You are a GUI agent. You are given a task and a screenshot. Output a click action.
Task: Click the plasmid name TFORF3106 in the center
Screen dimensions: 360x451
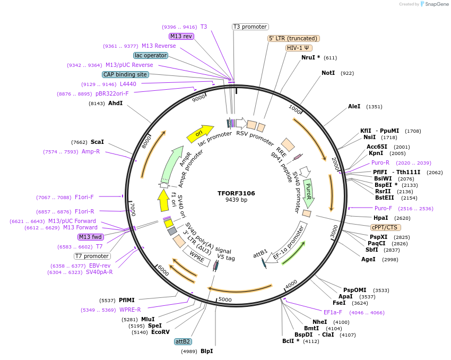pos(236,193)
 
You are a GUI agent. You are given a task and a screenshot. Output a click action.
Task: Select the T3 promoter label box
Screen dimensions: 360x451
pos(250,27)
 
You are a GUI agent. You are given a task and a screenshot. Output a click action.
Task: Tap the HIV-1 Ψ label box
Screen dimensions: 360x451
pos(299,47)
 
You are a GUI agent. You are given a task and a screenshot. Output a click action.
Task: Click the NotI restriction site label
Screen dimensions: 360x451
pos(328,73)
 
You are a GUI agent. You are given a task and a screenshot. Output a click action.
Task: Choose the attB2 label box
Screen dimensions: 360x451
pos(183,341)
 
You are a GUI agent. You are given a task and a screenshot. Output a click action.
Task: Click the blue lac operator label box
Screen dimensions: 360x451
pos(150,55)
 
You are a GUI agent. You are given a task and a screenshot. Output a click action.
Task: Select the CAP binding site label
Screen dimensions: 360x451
pos(125,74)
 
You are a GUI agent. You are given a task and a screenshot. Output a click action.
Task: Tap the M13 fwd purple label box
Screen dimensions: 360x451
pos(90,237)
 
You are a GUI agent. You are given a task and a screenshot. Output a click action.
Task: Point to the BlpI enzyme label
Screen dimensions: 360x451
pos(206,351)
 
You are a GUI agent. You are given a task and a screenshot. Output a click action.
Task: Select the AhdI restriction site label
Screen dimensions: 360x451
pos(115,103)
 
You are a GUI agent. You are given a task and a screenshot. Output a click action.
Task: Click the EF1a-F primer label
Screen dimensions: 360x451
pos(333,312)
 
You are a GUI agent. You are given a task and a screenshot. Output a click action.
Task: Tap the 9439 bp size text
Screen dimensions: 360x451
pos(236,200)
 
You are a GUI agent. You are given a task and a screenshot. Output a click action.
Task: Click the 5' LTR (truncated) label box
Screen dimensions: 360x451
pos(293,38)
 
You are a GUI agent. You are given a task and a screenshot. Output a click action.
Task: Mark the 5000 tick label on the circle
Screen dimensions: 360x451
pos(225,300)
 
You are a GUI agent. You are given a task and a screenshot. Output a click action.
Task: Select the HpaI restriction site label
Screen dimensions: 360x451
pos(380,218)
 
